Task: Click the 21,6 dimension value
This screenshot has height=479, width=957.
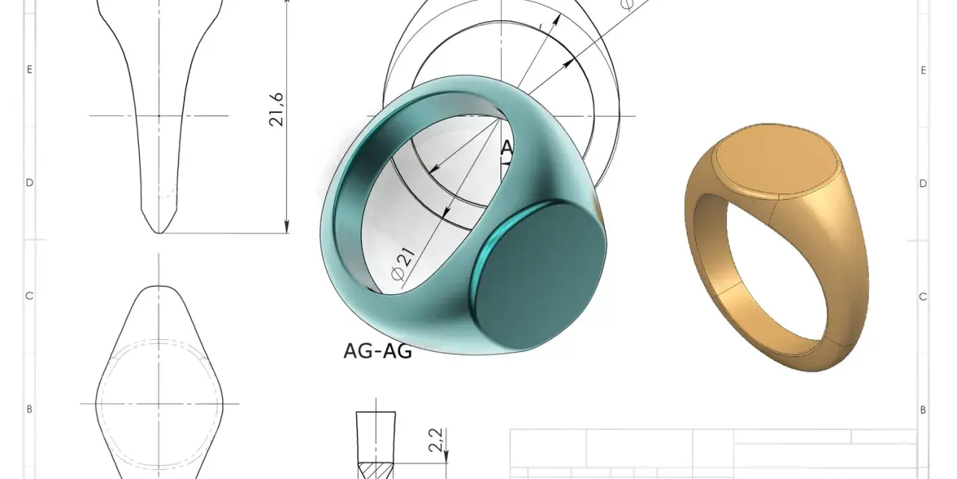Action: [277, 109]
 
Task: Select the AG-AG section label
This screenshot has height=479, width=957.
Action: [378, 351]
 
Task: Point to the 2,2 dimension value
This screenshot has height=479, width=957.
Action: [436, 440]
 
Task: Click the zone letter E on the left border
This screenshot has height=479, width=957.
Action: [29, 70]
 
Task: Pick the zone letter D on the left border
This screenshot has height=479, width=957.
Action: [29, 183]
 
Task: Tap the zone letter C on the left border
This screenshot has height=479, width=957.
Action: [29, 296]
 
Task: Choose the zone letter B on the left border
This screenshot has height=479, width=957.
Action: [29, 409]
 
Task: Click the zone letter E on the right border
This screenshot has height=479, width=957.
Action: [923, 70]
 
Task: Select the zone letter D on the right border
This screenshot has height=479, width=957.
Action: [923, 183]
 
